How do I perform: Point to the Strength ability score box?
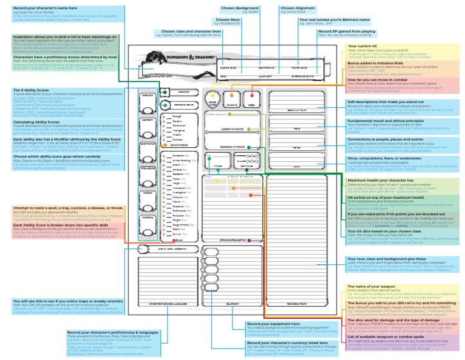148,101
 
